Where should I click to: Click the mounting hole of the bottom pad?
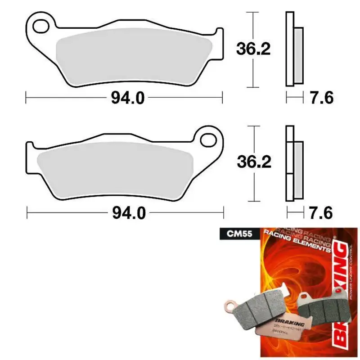pyautogui.click(x=208, y=139)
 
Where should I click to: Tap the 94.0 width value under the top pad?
pyautogui.click(x=128, y=97)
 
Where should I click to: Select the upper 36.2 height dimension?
pyautogui.click(x=253, y=49)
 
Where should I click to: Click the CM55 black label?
pyautogui.click(x=234, y=234)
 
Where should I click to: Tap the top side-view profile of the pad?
pyautogui.click(x=293, y=49)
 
